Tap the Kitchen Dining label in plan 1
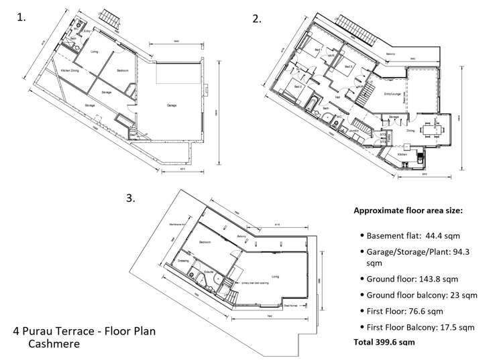[71, 70]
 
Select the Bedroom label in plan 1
[122, 70]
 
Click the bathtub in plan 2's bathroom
[313, 102]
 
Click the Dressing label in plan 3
[184, 260]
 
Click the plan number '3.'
[131, 198]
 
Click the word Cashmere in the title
[55, 344]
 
